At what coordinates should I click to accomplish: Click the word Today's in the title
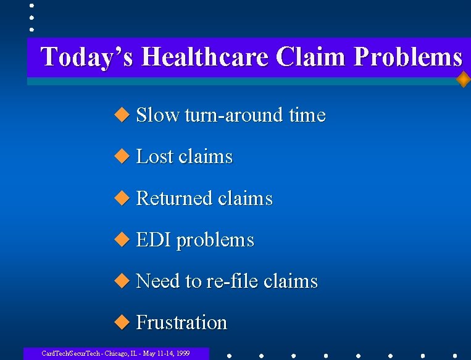88,57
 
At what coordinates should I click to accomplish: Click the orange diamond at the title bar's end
463,80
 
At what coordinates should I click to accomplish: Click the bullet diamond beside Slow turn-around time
123,115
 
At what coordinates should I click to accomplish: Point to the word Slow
157,115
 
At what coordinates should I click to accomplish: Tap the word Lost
154,157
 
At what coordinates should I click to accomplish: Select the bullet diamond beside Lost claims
123,156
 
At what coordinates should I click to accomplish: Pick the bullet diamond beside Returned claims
123,198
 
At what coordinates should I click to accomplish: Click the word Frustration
181,323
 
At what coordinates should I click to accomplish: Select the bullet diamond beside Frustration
123,322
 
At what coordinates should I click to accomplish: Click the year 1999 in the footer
181,354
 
